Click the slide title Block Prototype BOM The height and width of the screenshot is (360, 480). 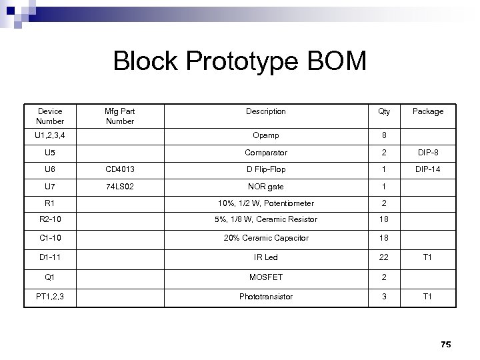(240, 61)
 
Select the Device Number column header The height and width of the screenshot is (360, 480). (50, 116)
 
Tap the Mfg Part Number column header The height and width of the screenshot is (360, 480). (120, 116)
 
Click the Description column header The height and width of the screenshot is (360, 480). (265, 111)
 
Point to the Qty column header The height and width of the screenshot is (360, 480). (384, 111)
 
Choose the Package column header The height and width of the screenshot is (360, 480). (427, 111)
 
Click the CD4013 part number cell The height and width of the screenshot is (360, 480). (120, 169)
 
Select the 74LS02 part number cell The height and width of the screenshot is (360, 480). (120, 187)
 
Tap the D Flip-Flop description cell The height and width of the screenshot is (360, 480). (265, 169)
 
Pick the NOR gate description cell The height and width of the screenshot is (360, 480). (265, 187)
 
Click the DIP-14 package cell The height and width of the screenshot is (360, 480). (427, 169)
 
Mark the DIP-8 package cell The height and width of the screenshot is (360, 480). (427, 153)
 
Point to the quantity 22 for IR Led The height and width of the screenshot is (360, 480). (384, 257)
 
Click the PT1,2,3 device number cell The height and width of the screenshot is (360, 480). (50, 297)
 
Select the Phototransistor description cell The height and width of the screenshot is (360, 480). (265, 297)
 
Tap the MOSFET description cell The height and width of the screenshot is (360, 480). (265, 277)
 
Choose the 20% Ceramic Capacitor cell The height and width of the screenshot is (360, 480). (265, 238)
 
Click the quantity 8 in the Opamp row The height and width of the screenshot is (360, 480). (384, 136)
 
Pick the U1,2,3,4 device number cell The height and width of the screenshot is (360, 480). (50, 136)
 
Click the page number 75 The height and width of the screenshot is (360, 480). (446, 344)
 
